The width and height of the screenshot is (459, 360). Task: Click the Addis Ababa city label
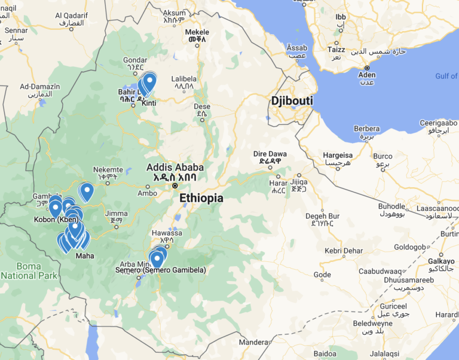(x=175, y=167)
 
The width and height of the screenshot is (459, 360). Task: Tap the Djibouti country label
(x=292, y=101)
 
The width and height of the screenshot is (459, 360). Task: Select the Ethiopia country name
(x=201, y=198)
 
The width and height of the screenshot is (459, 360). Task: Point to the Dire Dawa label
(x=267, y=153)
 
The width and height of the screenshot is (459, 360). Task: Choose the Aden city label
(x=367, y=75)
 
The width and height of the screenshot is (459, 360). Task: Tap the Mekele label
(x=197, y=32)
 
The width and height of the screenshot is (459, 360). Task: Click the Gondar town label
(x=134, y=60)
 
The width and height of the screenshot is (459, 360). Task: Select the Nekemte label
(x=108, y=169)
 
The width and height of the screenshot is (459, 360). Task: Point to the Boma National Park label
(x=29, y=270)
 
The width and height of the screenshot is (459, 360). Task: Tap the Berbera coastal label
(x=366, y=129)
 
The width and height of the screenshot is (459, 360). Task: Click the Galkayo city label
(x=441, y=261)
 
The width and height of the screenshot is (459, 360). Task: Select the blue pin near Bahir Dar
(x=149, y=81)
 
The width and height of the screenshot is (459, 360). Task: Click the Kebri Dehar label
(x=344, y=250)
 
